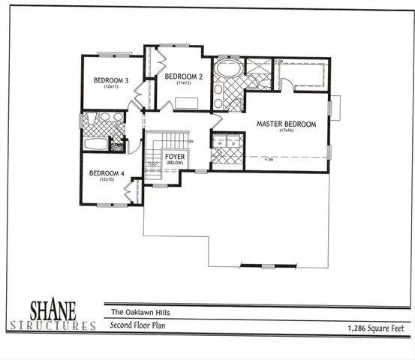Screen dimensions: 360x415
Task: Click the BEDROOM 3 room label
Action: [x=110, y=80]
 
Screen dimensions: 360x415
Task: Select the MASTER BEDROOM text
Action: [x=286, y=124]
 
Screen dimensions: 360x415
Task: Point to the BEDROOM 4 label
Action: [x=106, y=173]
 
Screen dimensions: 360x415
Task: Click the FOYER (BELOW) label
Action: [x=175, y=158]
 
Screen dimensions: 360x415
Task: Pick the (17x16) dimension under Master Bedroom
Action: [x=286, y=131]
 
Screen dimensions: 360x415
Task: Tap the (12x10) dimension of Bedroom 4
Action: [x=107, y=180]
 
